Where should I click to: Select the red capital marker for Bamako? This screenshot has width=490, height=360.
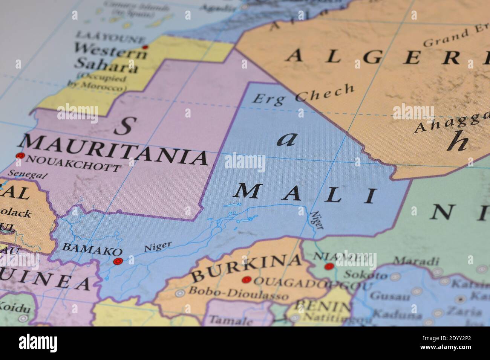pyautogui.click(x=118, y=261)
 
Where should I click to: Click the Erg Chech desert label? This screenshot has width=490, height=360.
pyautogui.click(x=303, y=94)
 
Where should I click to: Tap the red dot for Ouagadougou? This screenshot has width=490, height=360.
pyautogui.click(x=247, y=280)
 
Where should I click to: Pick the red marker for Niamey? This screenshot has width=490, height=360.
pyautogui.click(x=329, y=267)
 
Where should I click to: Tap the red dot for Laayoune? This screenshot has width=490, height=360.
pyautogui.click(x=145, y=47)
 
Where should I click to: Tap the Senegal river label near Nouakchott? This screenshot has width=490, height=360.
pyautogui.click(x=28, y=175)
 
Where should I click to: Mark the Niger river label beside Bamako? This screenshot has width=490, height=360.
pyautogui.click(x=158, y=247)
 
